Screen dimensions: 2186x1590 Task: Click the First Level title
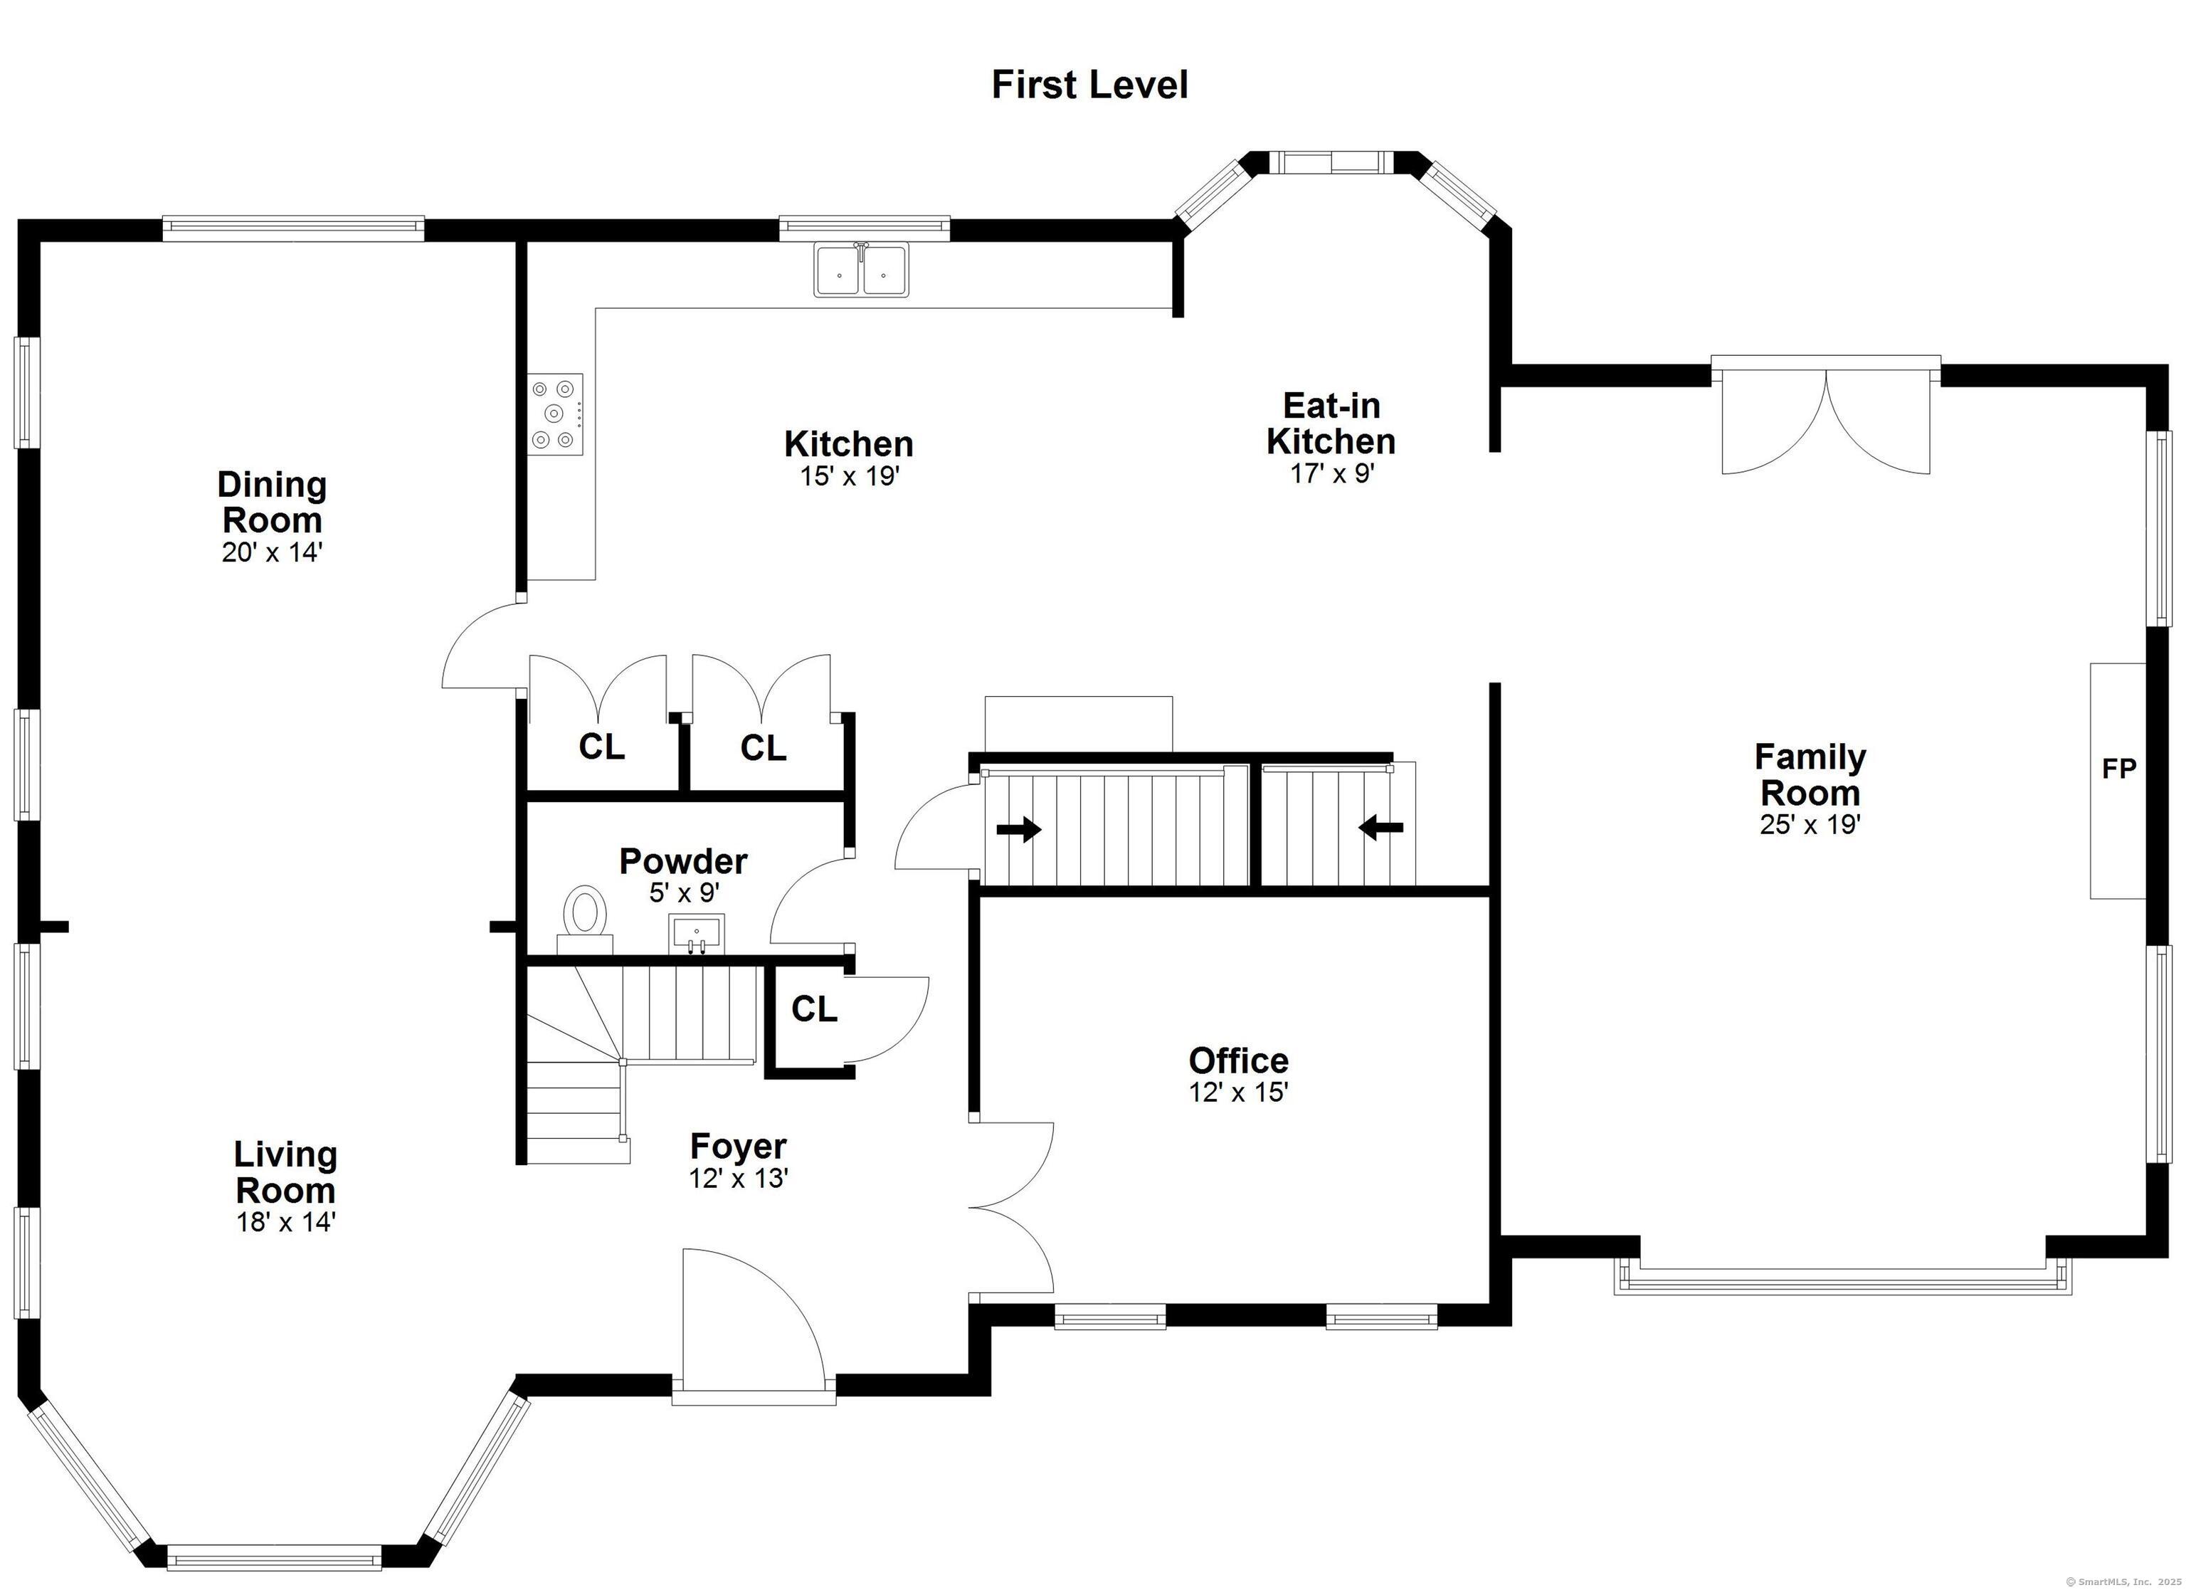pos(1089,85)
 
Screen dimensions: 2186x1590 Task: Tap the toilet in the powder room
pos(584,919)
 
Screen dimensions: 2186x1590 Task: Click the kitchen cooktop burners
pos(555,415)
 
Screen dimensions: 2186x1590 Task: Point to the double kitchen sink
pos(862,270)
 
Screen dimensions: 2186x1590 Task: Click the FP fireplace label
pos(2118,769)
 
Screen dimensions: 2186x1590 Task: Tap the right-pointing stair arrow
pos(1019,828)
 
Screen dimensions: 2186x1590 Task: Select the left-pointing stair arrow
pos(1380,826)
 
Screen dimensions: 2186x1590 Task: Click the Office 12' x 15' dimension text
pos(1239,1093)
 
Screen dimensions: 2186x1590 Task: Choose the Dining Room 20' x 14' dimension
pos(271,552)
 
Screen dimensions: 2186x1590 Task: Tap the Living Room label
pos(285,1172)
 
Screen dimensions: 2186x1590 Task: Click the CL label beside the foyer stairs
pos(815,1009)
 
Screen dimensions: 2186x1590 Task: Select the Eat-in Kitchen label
pos(1331,423)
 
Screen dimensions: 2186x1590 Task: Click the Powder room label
pos(683,860)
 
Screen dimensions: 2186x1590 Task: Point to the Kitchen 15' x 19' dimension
pos(849,476)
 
